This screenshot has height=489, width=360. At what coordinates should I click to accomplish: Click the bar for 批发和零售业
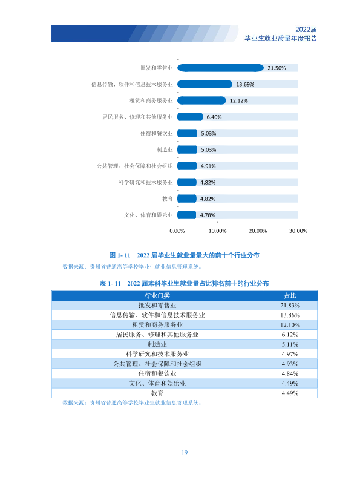point(220,68)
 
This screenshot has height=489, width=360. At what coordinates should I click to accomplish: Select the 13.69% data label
point(245,84)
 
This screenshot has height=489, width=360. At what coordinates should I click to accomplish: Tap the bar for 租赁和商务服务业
point(201,100)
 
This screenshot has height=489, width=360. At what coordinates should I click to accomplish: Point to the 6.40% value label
point(214,117)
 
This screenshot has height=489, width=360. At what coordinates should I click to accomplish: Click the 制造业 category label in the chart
point(165,149)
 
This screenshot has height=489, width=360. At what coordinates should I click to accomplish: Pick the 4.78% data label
point(208,215)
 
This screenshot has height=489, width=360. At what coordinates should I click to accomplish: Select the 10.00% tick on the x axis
point(217,231)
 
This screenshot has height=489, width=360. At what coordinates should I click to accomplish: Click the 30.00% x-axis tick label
point(298,231)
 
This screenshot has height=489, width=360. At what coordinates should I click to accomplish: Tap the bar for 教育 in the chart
point(187,199)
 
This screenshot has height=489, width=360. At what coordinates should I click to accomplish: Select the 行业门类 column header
point(157,296)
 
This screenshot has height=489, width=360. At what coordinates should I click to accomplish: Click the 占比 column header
point(290,296)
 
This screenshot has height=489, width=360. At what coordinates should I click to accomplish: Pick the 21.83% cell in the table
point(290,305)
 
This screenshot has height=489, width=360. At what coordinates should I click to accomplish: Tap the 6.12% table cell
point(290,335)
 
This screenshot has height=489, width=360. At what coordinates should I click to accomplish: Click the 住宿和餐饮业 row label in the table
point(157,373)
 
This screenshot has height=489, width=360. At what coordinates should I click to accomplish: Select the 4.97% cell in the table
point(290,354)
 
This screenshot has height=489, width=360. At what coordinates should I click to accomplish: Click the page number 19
point(185,453)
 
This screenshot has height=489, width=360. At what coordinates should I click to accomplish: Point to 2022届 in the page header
point(306,29)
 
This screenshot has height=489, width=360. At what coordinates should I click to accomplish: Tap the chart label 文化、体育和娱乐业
point(148,215)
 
